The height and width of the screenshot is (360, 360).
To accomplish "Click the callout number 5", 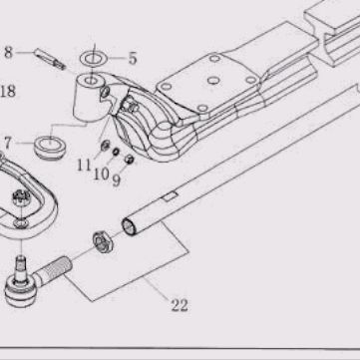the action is pyautogui.click(x=133, y=59).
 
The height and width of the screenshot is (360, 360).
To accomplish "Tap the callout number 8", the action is pyautogui.click(x=8, y=53).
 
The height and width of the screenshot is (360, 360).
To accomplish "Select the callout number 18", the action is pyautogui.click(x=8, y=91).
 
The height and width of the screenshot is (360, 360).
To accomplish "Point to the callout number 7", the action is pyautogui.click(x=7, y=144).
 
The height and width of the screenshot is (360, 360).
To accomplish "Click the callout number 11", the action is pyautogui.click(x=84, y=165).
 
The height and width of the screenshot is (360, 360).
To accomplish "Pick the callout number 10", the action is pyautogui.click(x=101, y=174).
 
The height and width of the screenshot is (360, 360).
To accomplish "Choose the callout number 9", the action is pyautogui.click(x=116, y=180).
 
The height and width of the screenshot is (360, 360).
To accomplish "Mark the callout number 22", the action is pyautogui.click(x=180, y=305).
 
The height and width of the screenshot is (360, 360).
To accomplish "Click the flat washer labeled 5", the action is pyautogui.click(x=94, y=59).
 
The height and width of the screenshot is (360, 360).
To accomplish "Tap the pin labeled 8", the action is pyautogui.click(x=50, y=59).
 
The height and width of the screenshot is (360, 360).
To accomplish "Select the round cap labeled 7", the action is pyautogui.click(x=50, y=147).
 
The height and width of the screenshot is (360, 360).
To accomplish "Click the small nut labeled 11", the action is pyautogui.click(x=106, y=145).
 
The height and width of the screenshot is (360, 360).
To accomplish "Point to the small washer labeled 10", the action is pyautogui.click(x=116, y=152).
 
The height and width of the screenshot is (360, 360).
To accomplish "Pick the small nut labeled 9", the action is pyautogui.click(x=129, y=160).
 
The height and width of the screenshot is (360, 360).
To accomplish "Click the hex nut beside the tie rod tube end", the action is pyautogui.click(x=103, y=241).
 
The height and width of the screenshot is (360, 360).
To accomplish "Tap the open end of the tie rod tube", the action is pyautogui.click(x=129, y=226).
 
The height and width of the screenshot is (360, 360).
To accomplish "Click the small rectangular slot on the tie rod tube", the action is pyautogui.click(x=170, y=196).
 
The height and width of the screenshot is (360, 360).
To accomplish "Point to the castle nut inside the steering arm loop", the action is pyautogui.click(x=21, y=198).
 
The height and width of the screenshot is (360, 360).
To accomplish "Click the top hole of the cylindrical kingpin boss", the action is pyautogui.click(x=91, y=81).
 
